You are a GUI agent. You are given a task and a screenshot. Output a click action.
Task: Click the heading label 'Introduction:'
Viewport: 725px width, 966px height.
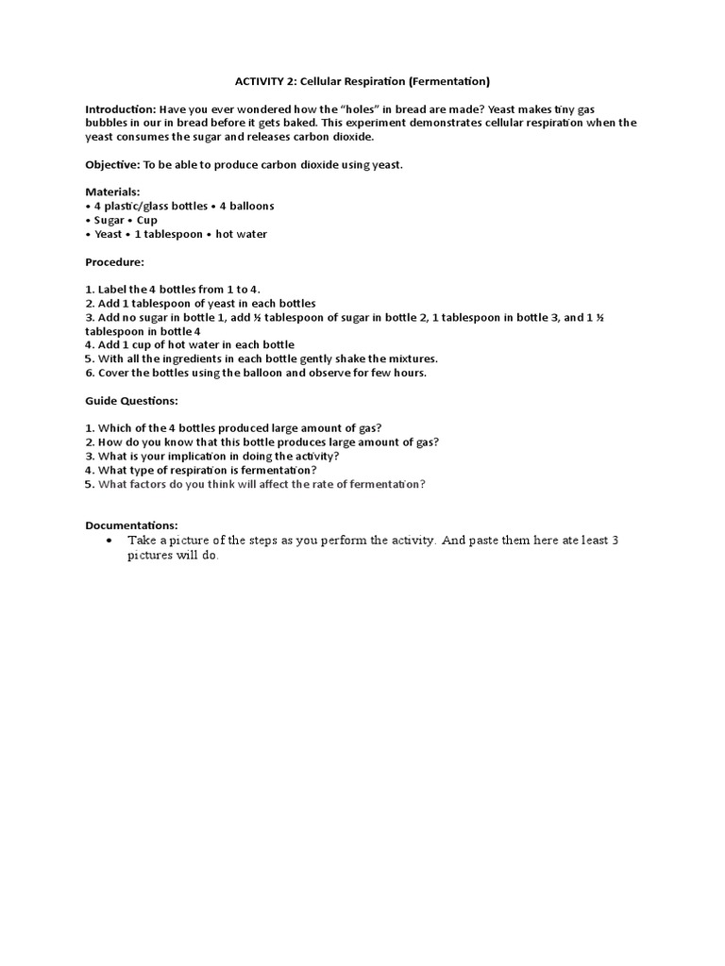point(120,109)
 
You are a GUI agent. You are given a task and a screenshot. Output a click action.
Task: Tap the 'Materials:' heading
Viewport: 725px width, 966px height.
point(112,192)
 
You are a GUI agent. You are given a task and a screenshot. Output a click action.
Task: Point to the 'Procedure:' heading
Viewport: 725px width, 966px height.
point(114,262)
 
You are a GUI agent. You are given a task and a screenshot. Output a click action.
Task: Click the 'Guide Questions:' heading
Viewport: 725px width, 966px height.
point(131,401)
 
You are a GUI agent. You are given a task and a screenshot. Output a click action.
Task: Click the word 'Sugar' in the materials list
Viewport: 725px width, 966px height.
point(110,220)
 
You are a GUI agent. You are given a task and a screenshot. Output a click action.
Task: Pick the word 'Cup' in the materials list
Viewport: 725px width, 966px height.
point(147,220)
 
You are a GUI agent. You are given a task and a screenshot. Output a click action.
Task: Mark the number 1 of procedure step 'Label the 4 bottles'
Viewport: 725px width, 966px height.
point(89,290)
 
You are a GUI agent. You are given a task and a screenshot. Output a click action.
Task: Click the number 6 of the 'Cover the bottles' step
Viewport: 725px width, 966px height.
point(89,373)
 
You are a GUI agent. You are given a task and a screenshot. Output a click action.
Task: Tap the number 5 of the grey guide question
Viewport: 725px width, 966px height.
point(89,484)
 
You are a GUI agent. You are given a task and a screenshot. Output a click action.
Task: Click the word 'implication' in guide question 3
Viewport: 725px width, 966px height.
point(182,457)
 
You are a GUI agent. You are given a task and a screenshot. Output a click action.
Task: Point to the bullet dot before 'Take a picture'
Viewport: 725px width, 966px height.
point(110,541)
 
